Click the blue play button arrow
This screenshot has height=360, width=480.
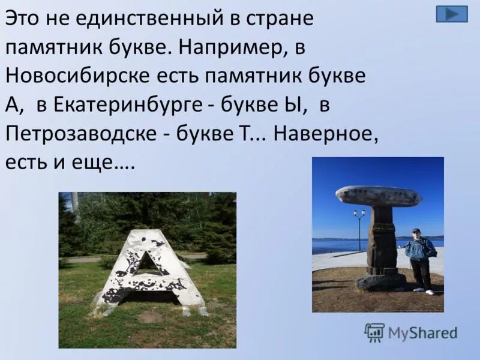(x=451, y=14)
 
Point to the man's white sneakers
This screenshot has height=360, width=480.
(x=423, y=291)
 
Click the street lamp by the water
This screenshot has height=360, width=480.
(x=359, y=225)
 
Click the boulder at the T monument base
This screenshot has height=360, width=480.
(x=381, y=281)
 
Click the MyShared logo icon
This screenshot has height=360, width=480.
(x=374, y=331)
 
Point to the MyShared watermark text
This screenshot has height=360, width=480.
(x=422, y=333)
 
